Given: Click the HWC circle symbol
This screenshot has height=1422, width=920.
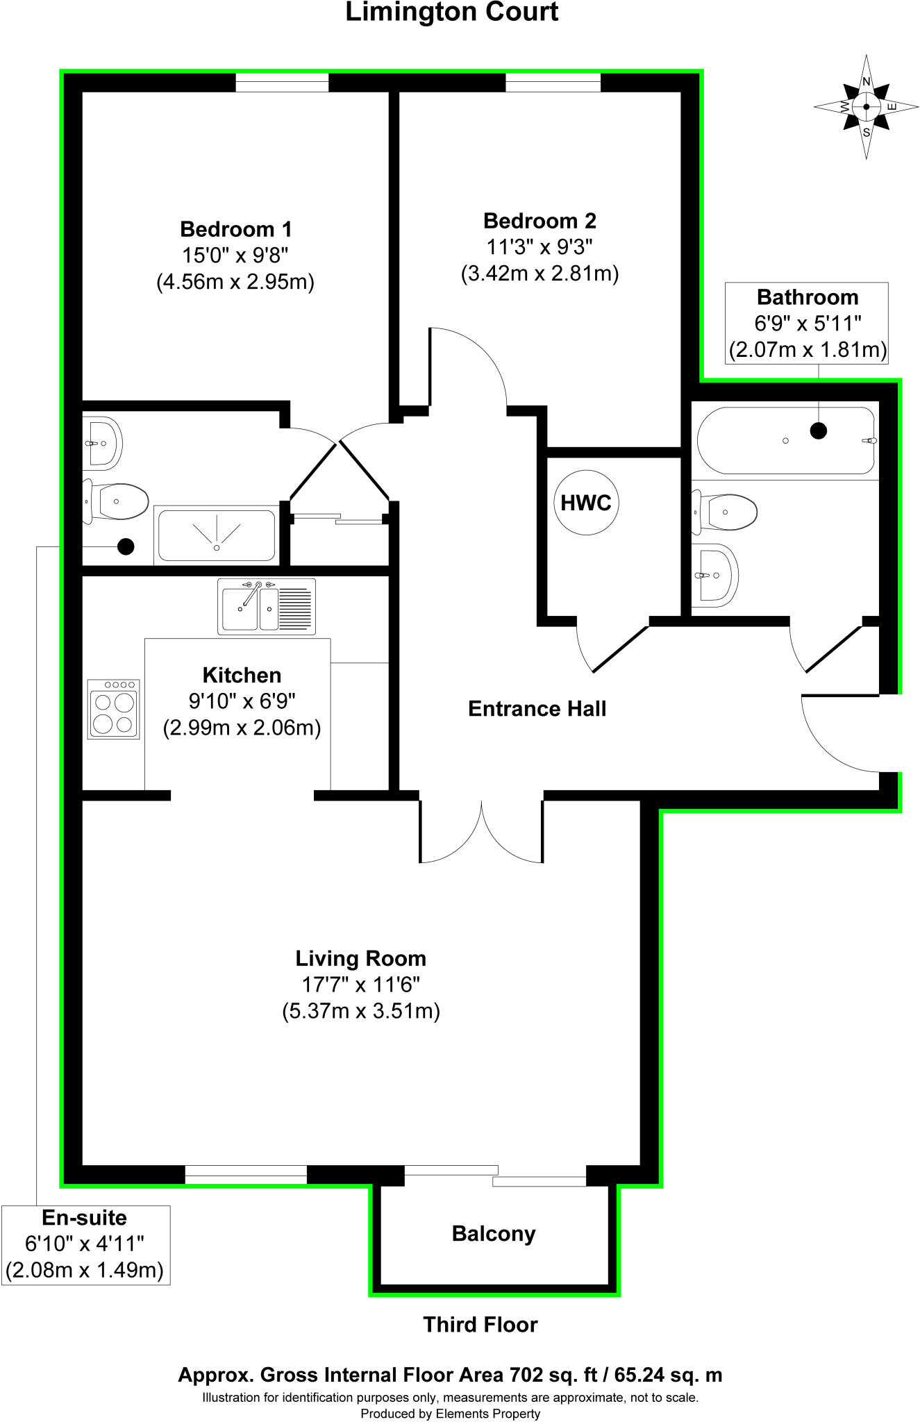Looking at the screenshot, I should tap(586, 503).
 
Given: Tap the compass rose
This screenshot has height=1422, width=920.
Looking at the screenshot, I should tap(866, 107).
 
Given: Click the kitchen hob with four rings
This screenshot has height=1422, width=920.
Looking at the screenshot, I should tap(114, 709).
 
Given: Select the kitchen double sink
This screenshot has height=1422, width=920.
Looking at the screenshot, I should tap(267, 607).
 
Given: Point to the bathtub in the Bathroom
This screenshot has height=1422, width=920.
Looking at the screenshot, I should tap(786, 441).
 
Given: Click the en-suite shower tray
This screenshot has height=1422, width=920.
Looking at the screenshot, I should tap(217, 535).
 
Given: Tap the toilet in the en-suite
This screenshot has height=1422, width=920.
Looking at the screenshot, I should tap(117, 502).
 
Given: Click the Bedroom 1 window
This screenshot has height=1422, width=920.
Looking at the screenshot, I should tap(282, 82).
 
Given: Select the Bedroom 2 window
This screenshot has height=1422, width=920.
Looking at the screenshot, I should tap(553, 82).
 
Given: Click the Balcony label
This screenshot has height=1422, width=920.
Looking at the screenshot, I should tap(494, 1234).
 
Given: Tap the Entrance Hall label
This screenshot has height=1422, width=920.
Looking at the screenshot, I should tap(537, 709).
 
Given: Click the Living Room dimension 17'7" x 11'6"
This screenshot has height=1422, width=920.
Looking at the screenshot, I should tap(360, 985).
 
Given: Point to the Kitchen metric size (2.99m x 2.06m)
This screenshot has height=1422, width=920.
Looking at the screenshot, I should tap(242, 728).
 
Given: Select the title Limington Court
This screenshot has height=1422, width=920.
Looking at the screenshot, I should tap(452, 12).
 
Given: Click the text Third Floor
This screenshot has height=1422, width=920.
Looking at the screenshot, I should tap(480, 1325).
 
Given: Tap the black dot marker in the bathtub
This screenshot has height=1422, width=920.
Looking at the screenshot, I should tap(819, 430).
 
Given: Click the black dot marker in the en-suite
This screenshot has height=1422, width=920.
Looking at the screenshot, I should tap(126, 546).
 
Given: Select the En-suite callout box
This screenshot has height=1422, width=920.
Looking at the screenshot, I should tap(85, 1244).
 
